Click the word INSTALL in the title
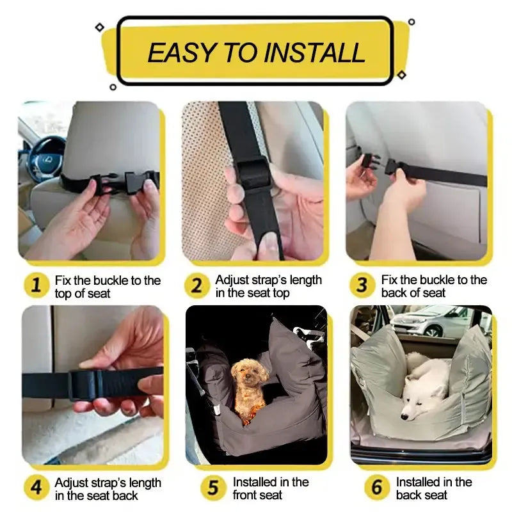click(316, 52)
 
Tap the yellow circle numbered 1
click(36, 285)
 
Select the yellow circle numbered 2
click(197, 285)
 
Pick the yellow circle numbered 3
click(362, 285)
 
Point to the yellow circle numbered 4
click(36, 488)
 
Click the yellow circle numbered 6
click(377, 488)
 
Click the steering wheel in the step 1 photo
click(44, 157)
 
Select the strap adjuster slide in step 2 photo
click(254, 173)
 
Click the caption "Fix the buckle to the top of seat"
click(107, 286)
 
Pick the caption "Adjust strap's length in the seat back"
click(108, 489)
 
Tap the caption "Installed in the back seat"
click(433, 488)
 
